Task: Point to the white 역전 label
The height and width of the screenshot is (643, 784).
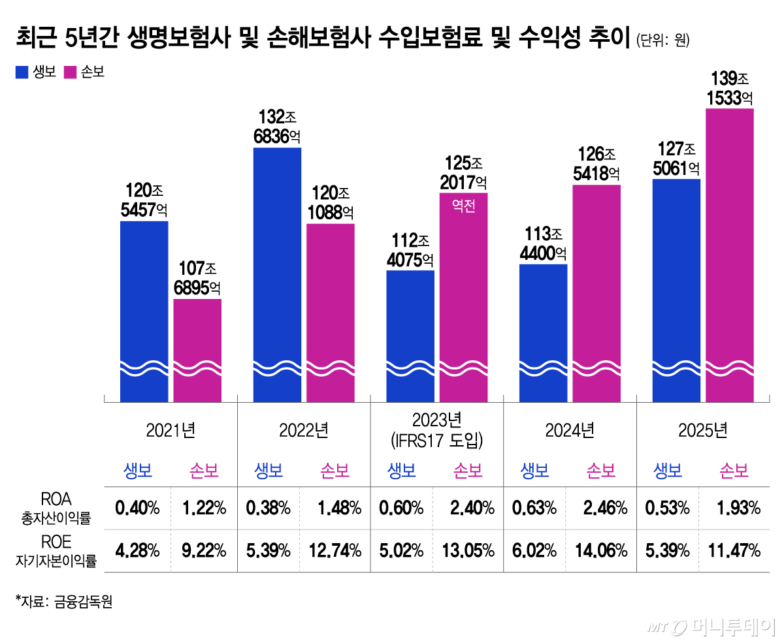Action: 463,206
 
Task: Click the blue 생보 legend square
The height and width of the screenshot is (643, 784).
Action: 22,72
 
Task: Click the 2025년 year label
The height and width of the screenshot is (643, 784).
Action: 702,430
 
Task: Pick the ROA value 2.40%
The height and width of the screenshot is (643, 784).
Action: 470,508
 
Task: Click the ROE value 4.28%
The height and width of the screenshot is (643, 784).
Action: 137,550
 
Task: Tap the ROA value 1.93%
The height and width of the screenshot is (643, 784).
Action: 736,508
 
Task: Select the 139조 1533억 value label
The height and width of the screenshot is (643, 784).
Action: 730,89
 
